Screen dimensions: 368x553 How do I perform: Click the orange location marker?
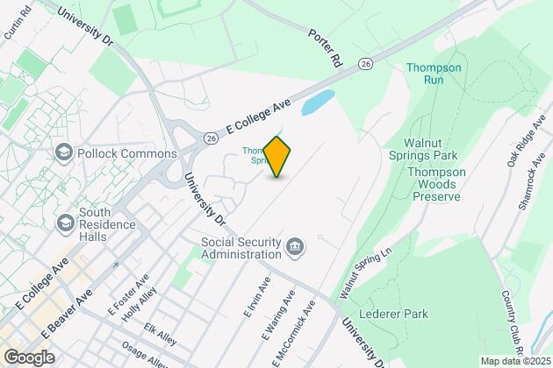pos(276,157)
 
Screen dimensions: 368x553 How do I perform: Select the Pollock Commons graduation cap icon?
pos(63,153)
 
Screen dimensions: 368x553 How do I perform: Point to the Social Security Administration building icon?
pos(296,248)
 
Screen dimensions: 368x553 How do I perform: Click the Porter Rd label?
pos(324,50)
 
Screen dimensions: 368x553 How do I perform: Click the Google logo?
pos(29,357)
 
